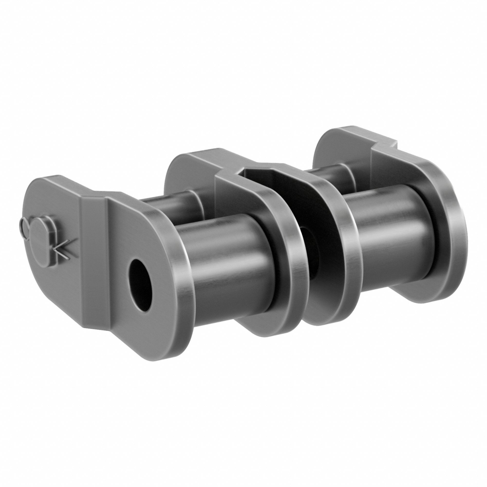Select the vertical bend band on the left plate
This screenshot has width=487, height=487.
pos(94,265)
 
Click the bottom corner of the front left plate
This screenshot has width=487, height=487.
pos(166,352)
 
